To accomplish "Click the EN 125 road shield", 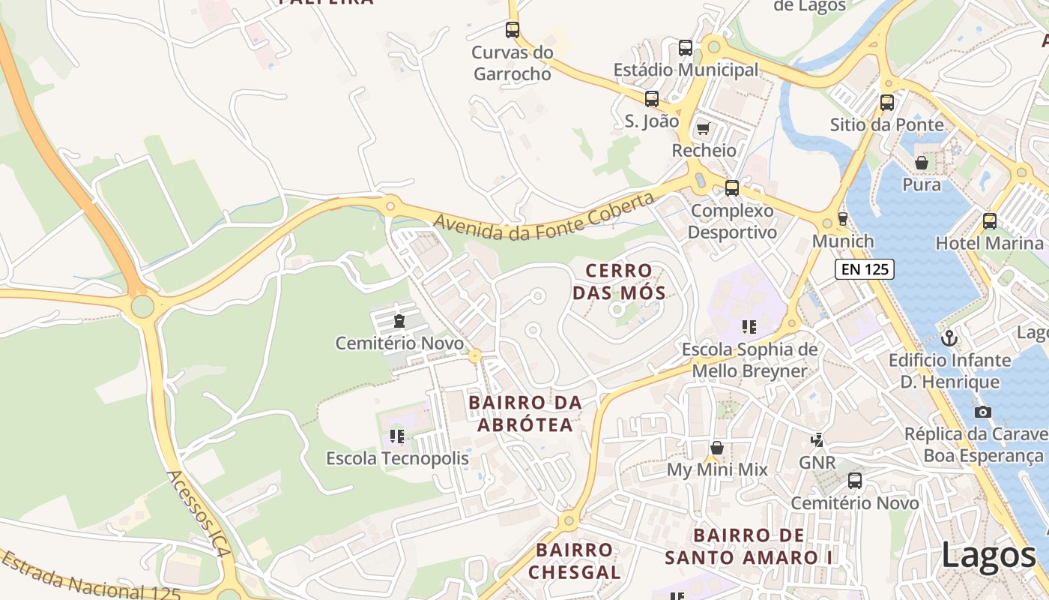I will click(x=865, y=269).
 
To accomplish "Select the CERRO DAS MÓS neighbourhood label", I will click(x=619, y=281).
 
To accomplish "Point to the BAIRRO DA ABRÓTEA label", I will click(x=524, y=413).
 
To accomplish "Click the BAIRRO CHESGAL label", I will click(x=575, y=561).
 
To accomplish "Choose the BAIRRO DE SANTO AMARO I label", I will click(x=749, y=546).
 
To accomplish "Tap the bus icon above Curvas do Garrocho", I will click(x=513, y=30).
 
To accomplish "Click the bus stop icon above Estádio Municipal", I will click(x=686, y=48).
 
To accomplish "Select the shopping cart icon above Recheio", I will click(x=703, y=129).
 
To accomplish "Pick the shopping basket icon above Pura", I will click(x=922, y=163).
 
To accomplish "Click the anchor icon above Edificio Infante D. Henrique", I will click(x=949, y=338).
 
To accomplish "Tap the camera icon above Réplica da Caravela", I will click(x=983, y=412).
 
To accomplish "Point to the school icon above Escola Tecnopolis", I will click(x=397, y=436).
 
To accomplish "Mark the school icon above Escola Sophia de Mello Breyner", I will click(x=749, y=326).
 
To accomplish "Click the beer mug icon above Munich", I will click(x=843, y=219).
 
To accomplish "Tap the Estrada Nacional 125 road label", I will click(x=90, y=577).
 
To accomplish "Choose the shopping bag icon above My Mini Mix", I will click(x=717, y=448).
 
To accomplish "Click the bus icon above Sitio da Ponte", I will click(x=887, y=103).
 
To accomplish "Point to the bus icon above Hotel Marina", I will click(x=990, y=221).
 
